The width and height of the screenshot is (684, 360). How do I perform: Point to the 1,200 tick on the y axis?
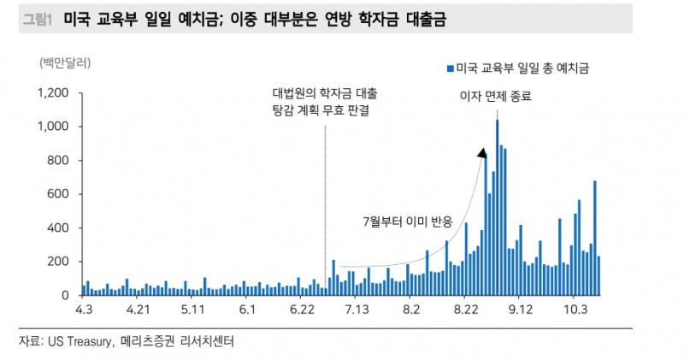point(54,93)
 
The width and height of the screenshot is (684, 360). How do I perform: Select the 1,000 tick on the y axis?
point(54,127)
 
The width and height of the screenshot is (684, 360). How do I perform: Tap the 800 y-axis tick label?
point(58,161)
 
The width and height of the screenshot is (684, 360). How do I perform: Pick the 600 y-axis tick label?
point(58,194)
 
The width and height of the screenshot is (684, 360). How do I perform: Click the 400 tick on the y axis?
point(58,228)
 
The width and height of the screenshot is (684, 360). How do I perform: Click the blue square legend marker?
point(450,67)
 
